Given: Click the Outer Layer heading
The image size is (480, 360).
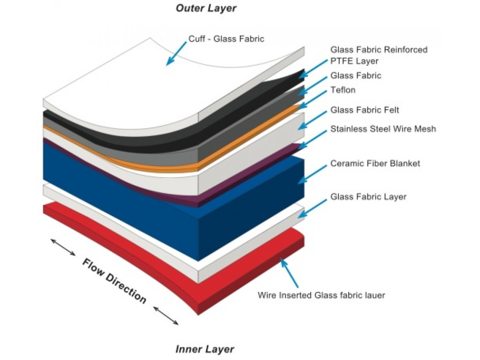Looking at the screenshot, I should pos(206,8).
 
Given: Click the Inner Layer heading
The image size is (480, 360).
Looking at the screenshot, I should pos(204,349).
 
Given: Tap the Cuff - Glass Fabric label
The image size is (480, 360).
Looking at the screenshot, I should pos(226,39).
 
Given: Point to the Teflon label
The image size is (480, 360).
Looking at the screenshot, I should pos(343,90).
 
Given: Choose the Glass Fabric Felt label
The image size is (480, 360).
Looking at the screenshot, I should pos(365,110).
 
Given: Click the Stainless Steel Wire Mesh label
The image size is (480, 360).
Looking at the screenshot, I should pos(383,128).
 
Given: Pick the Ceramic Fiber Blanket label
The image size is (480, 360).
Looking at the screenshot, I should pos(375,164).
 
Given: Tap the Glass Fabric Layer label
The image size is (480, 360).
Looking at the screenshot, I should pos(368,197).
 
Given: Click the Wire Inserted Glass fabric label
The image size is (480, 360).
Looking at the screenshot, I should pos(321,295).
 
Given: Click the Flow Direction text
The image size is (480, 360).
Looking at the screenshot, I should pos(114,280).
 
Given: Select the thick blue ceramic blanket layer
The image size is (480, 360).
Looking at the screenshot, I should pos(117,187).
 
